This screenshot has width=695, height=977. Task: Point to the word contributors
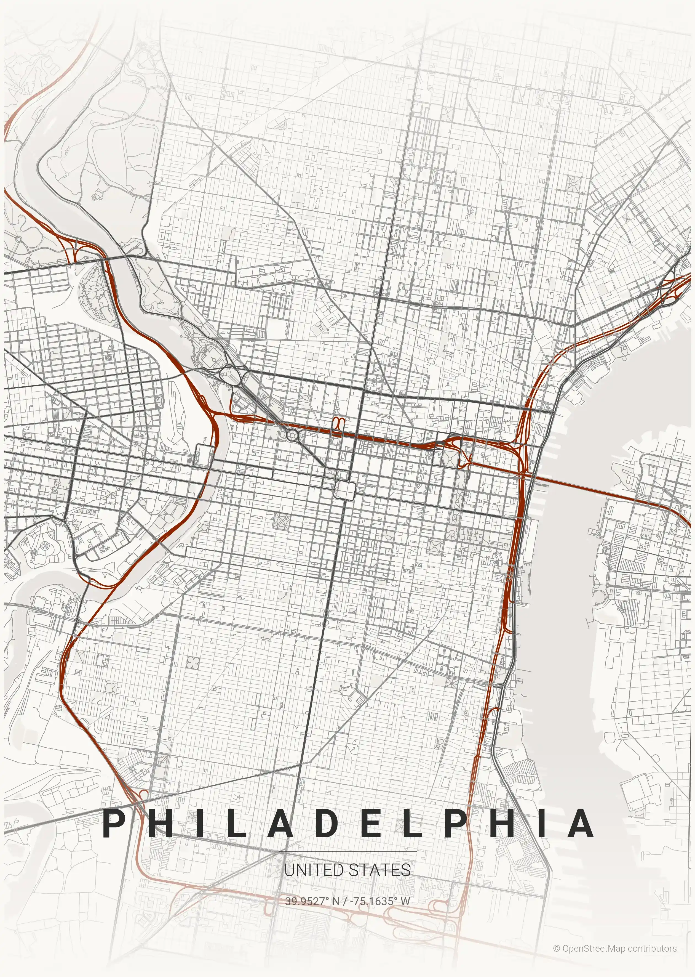click(652, 945)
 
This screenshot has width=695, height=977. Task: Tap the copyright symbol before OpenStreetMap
click(556, 945)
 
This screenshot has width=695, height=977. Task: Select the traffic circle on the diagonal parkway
click(292, 436)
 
